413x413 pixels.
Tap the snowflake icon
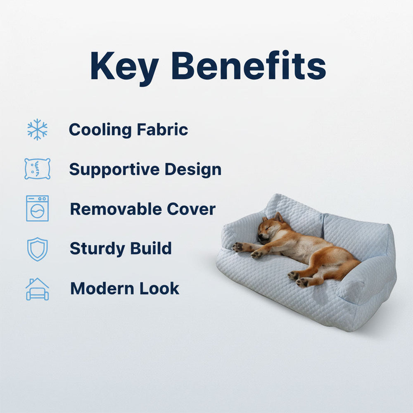37,129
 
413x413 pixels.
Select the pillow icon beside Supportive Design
37,169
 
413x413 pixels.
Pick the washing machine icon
37,208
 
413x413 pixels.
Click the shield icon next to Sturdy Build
37,249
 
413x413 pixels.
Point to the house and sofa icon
37,289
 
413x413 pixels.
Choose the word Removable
116,209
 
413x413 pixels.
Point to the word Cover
191,209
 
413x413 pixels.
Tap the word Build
151,249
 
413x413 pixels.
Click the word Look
159,288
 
